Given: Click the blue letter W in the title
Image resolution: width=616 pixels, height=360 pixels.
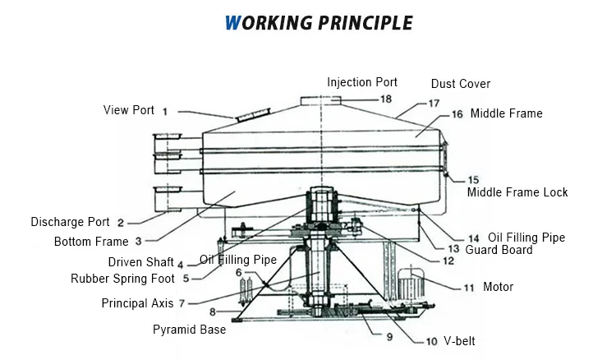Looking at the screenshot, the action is (x=232, y=23).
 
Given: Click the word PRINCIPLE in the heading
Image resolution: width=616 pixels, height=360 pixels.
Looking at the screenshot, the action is (x=365, y=23).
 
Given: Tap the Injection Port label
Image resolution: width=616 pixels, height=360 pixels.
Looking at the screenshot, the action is (x=362, y=82).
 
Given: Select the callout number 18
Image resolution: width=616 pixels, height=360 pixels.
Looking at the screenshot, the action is (x=386, y=99).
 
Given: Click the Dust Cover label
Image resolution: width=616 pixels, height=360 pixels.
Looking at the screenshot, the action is (x=461, y=84).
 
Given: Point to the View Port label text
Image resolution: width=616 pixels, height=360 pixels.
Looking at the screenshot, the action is (x=128, y=110).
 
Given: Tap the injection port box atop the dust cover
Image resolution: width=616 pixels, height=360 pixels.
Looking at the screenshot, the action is (x=320, y=100).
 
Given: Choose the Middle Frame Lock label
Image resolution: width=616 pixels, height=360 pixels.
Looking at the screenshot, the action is (x=517, y=192).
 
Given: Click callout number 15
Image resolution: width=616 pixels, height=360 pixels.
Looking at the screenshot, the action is (x=473, y=180).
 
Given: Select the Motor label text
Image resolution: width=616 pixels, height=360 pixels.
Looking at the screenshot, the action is (x=499, y=287).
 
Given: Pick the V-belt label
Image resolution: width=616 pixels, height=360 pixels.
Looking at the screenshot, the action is (x=459, y=341).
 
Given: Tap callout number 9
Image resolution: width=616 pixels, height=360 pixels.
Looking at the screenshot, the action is (x=389, y=337).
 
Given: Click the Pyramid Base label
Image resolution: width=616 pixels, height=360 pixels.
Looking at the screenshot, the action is (x=190, y=330).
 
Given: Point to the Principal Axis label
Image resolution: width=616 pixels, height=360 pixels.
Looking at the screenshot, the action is (x=137, y=303).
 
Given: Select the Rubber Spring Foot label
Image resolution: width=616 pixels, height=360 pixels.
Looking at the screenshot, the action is (x=122, y=279).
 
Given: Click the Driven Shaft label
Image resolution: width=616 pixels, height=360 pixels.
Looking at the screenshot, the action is (x=140, y=261).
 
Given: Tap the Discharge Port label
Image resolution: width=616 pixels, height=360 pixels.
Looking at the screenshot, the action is (x=70, y=222).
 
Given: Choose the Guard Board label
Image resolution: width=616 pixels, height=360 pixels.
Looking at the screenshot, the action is (x=499, y=250).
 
